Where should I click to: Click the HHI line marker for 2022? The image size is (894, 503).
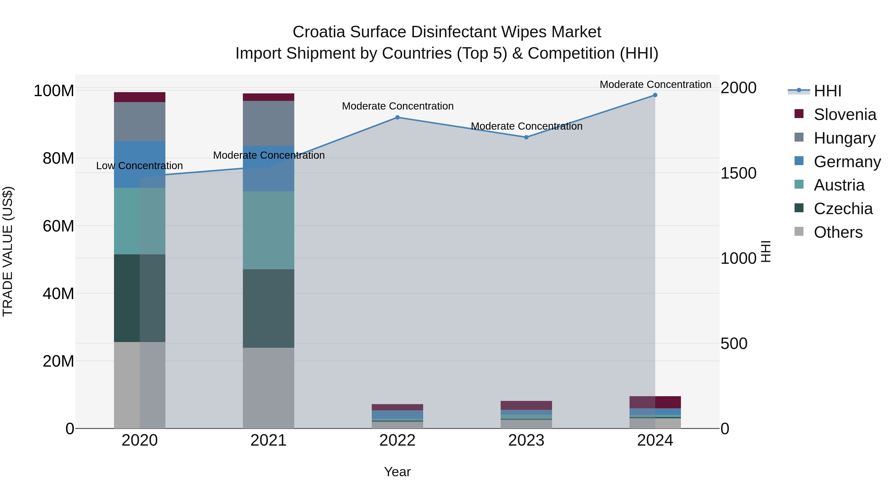[397, 117]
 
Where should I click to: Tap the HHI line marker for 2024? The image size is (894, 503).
[655, 95]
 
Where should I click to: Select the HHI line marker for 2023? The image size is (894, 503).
[526, 137]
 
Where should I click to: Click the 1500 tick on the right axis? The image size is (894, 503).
[738, 173]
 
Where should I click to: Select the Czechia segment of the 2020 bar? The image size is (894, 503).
[140, 298]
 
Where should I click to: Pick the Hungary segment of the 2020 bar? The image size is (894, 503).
[140, 121]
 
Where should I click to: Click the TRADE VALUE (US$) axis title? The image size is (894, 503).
[8, 251]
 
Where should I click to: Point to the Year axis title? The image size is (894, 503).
[397, 472]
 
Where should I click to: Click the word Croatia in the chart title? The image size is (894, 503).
[319, 32]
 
